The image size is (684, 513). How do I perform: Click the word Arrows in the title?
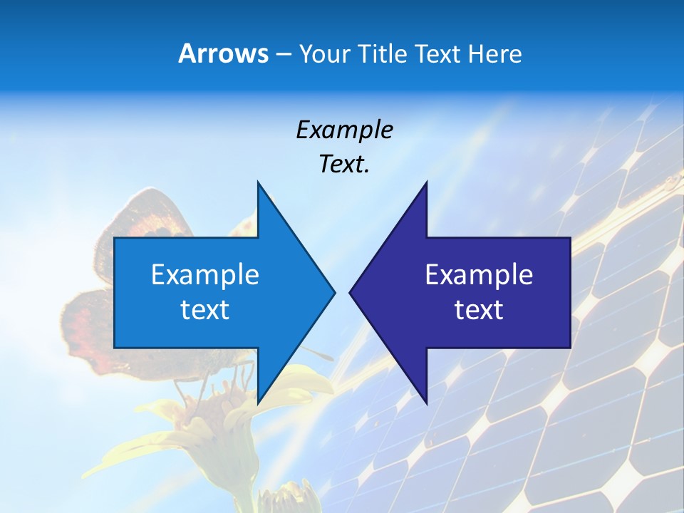point(223,53)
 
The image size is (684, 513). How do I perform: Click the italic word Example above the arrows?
point(344,130)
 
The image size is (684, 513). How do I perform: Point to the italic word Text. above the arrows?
point(344,165)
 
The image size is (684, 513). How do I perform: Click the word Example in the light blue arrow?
point(205,274)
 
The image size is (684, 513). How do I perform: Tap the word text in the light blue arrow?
point(205,310)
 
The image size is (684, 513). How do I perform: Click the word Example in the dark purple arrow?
point(479,274)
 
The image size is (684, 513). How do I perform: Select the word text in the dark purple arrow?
point(479,310)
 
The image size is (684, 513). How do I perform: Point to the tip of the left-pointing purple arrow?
point(351,292)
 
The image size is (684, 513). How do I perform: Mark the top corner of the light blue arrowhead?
point(258,183)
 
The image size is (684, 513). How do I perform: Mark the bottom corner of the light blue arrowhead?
point(258,403)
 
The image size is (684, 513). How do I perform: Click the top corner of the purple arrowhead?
point(426,183)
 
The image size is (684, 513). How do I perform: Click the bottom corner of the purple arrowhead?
point(426,403)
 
